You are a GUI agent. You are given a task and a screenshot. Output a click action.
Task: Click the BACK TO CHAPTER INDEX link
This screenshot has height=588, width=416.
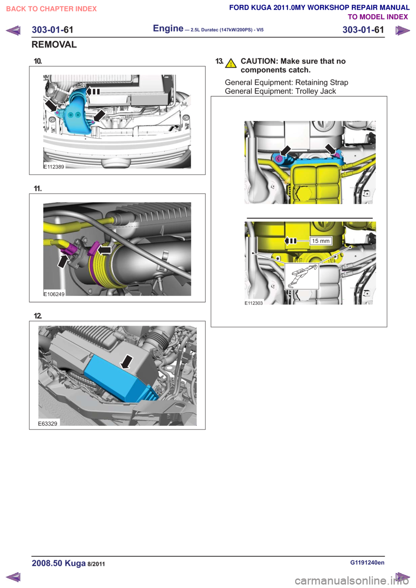[x=51, y=9]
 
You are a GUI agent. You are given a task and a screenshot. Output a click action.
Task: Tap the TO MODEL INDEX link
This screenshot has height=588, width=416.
[x=378, y=17]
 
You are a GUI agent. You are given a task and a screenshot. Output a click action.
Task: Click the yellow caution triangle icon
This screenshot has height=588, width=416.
[x=231, y=63]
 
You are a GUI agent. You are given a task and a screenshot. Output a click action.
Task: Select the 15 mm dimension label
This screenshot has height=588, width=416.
[x=321, y=241]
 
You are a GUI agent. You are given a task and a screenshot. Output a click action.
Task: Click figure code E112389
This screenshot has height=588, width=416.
[x=54, y=167]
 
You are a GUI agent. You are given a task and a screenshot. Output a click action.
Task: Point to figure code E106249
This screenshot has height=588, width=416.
[x=54, y=294]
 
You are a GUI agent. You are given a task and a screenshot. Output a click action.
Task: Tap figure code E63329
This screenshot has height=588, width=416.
[x=48, y=423]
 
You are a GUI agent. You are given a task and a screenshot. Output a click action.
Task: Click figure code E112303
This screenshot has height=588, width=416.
[x=253, y=303]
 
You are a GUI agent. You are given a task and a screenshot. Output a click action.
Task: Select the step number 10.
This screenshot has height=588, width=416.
[x=38, y=61]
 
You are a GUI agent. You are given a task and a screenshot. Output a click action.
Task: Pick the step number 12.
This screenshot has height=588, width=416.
[x=38, y=316]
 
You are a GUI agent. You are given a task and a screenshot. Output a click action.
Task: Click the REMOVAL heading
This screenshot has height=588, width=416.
[x=54, y=45]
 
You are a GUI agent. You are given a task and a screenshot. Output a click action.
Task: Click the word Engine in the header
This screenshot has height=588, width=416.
[x=168, y=28]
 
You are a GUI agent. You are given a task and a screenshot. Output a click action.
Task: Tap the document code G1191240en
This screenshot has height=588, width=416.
[x=367, y=562]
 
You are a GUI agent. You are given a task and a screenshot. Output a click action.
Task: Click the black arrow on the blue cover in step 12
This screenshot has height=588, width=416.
[x=127, y=362]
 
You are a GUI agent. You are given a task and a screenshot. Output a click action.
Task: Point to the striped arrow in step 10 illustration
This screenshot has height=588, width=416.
[x=93, y=91]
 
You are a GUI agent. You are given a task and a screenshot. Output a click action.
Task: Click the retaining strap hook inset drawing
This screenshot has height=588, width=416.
[x=302, y=276]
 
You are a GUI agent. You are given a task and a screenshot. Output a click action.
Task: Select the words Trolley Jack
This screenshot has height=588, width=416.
[x=315, y=91]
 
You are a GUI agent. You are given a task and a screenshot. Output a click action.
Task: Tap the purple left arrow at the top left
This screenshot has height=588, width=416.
[x=13, y=30]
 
